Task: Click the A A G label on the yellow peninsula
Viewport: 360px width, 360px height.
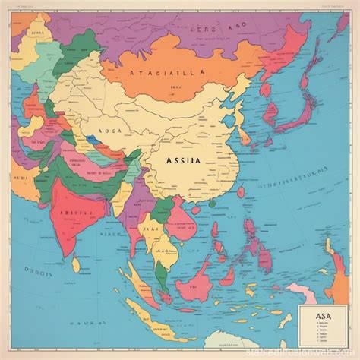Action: click(x=163, y=251)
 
